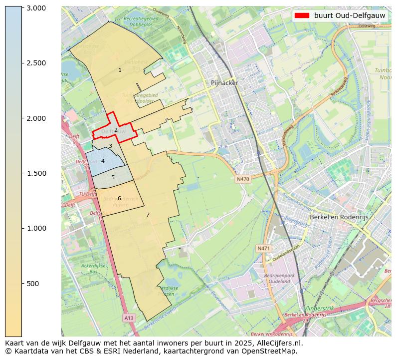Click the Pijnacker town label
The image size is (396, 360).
(224, 83)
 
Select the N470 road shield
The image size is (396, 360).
(242, 179)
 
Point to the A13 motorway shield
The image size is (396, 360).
(129, 318)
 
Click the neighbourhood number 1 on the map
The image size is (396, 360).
(120, 70)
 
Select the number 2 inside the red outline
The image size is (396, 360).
(116, 130)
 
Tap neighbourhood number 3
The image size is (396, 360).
(110, 146)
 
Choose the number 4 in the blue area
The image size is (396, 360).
(103, 161)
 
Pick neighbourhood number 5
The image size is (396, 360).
(113, 177)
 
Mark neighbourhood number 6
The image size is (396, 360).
(119, 198)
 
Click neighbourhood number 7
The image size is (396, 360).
(148, 215)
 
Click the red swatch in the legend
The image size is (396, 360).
(302, 15)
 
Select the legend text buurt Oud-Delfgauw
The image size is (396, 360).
(349, 15)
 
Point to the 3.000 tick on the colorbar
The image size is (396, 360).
(36, 8)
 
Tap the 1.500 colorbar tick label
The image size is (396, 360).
(36, 173)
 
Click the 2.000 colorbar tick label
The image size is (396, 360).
(36, 118)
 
